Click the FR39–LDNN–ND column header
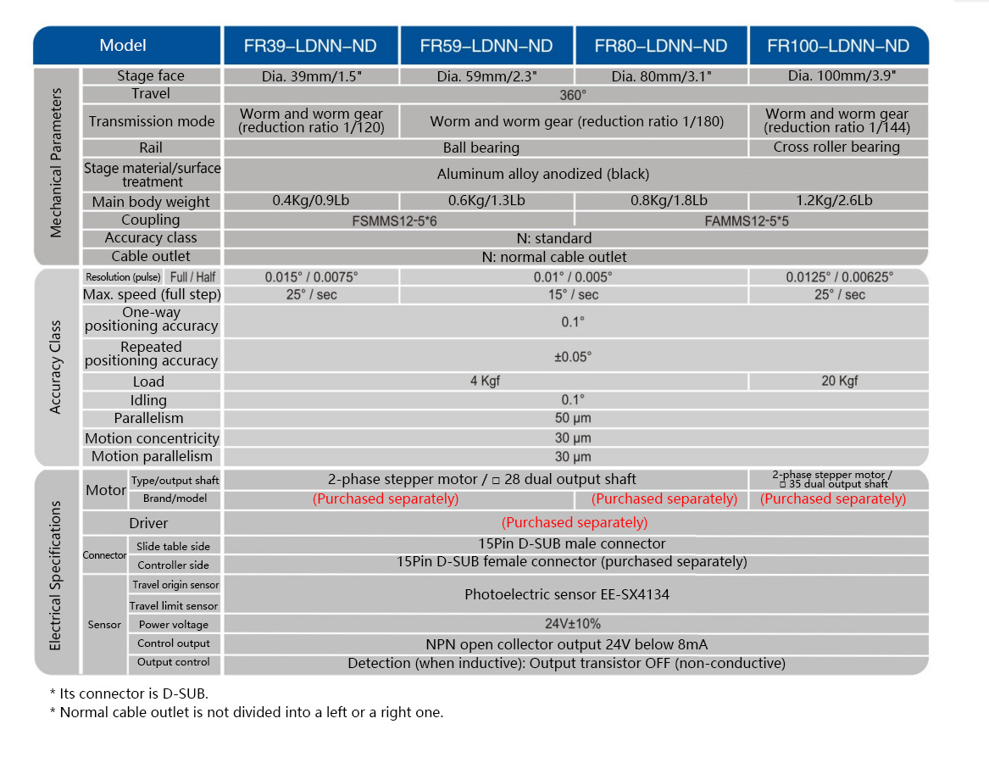click(x=310, y=46)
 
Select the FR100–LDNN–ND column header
click(x=837, y=46)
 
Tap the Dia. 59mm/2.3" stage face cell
click(x=486, y=76)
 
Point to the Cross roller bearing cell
click(x=836, y=148)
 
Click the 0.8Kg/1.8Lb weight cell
click(x=661, y=201)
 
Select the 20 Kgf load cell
click(x=839, y=381)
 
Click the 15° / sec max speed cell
click(x=573, y=295)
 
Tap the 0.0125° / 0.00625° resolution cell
click(x=839, y=277)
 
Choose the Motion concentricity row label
click(x=152, y=438)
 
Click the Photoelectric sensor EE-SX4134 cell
click(x=566, y=594)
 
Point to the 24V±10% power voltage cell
click(x=573, y=624)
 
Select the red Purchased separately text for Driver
click(x=575, y=522)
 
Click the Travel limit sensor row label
click(x=174, y=605)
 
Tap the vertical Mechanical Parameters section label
click(x=56, y=166)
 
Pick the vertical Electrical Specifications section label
click(x=56, y=575)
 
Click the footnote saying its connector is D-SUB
click(x=129, y=693)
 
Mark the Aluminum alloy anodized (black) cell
click(x=542, y=175)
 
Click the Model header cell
click(x=123, y=46)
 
